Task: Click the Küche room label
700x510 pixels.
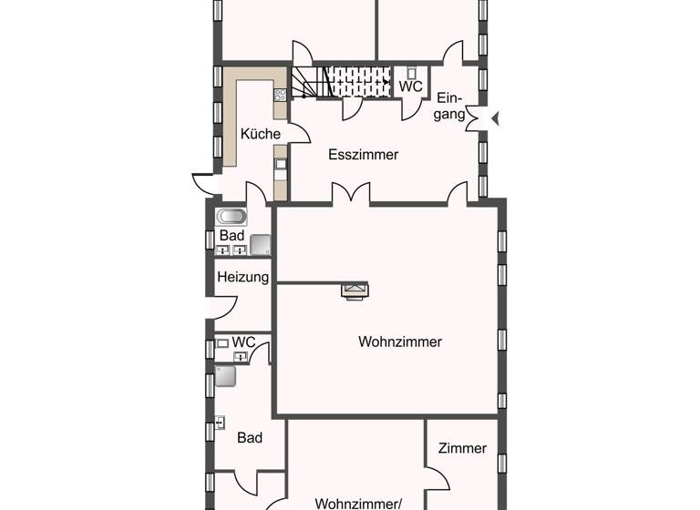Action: click(x=260, y=134)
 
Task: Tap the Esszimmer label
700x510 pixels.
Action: click(x=363, y=155)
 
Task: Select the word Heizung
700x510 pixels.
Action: click(x=242, y=277)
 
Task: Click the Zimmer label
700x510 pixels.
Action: click(x=462, y=448)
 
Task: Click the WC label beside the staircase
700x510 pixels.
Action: click(x=410, y=87)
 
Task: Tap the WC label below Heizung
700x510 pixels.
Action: click(x=243, y=342)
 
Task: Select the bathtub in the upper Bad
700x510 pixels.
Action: click(x=231, y=218)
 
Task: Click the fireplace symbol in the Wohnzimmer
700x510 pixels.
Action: click(x=355, y=291)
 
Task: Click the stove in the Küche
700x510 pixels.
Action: click(x=281, y=94)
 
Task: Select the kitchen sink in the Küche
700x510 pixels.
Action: click(x=282, y=165)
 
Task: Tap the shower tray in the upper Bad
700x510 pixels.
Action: click(x=261, y=244)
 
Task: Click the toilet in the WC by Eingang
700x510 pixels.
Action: click(x=412, y=73)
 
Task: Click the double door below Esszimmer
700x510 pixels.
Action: click(x=350, y=193)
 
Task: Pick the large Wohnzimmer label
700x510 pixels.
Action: click(x=400, y=342)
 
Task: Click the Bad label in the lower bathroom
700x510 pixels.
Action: click(x=250, y=438)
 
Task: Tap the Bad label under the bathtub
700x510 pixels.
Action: click(x=232, y=235)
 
